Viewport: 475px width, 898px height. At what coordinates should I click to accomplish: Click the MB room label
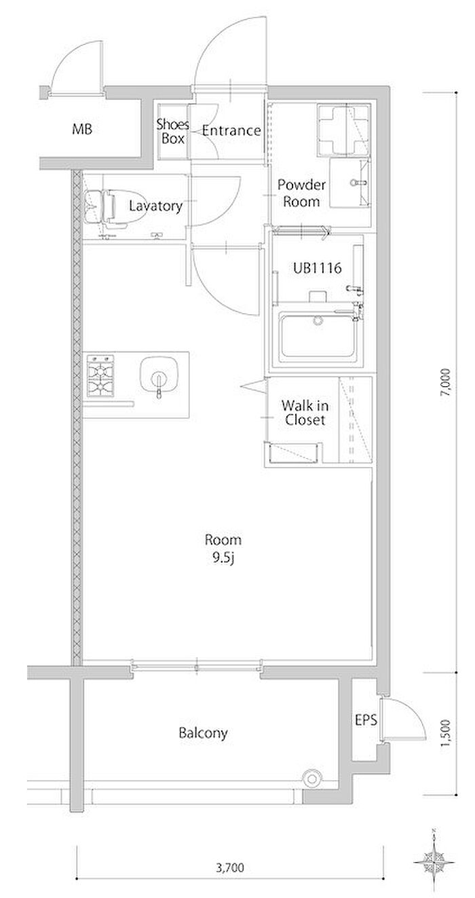pos(82,129)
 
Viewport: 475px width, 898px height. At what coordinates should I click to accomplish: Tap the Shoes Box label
pos(172,132)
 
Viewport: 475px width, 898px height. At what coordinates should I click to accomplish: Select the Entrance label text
pos(231,130)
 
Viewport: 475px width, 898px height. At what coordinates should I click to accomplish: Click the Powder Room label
pos(301,193)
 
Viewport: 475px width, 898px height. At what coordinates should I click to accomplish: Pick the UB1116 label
pos(317,268)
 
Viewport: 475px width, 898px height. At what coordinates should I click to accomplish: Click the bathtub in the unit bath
pos(318,335)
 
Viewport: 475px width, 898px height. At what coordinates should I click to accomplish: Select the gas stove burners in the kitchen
pos(100,375)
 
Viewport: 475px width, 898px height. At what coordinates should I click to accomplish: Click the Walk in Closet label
pos(305,413)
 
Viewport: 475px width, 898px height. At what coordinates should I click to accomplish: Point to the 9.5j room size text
pos(223,559)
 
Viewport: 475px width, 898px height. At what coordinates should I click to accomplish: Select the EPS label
pos(366,720)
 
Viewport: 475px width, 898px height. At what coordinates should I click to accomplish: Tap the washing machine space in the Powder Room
pos(343,130)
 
